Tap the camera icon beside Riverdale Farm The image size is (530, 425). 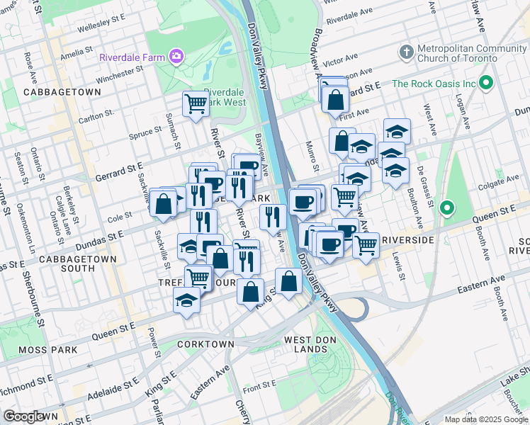click(x=176, y=57)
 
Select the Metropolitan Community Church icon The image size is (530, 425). click(x=407, y=52)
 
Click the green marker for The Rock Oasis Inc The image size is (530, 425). click(x=486, y=84)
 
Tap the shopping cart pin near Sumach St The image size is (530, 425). click(x=196, y=104)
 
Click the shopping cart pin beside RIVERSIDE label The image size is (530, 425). click(x=366, y=245)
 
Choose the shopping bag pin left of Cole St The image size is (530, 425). click(x=163, y=203)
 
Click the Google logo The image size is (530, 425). click(x=25, y=416)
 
